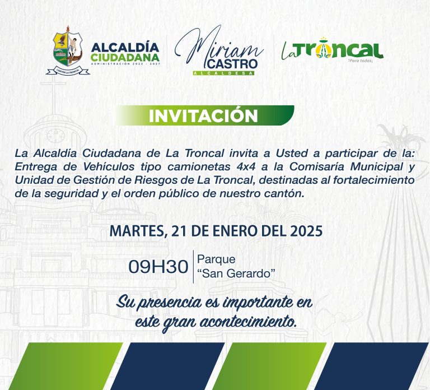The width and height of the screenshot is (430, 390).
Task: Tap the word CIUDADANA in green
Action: [125, 57]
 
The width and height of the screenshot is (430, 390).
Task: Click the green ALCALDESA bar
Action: [223, 73]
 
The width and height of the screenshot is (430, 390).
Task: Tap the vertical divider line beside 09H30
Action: [193, 267]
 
